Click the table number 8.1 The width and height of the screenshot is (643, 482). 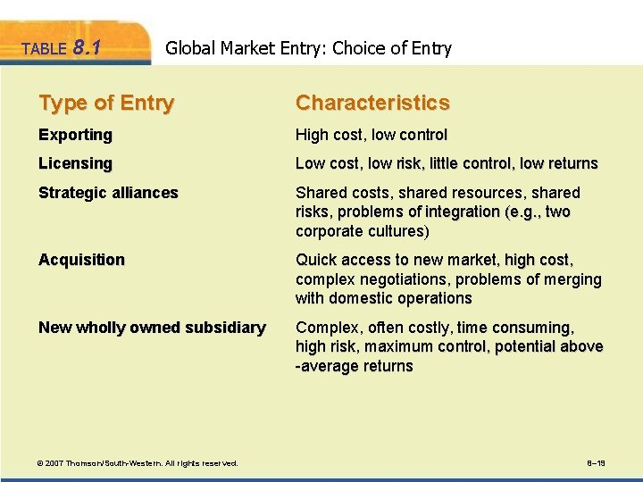(x=85, y=47)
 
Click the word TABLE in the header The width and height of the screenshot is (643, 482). (x=43, y=50)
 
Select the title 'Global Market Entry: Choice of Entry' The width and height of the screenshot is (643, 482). (x=309, y=48)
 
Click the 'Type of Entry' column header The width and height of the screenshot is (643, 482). (x=106, y=104)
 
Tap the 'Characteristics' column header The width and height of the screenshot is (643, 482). (x=372, y=104)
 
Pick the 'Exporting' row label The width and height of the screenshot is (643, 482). (x=75, y=136)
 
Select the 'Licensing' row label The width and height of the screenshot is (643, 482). (x=75, y=164)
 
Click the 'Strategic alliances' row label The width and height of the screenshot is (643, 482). (x=108, y=193)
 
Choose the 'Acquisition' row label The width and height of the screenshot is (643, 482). (x=81, y=260)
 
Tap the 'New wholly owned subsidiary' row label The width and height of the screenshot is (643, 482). (x=152, y=328)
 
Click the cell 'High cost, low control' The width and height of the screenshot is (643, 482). (x=372, y=136)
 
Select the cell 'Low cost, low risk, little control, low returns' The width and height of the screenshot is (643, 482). (x=447, y=164)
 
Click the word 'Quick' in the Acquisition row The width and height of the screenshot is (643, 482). (x=315, y=260)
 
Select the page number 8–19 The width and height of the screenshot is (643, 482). (x=597, y=463)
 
